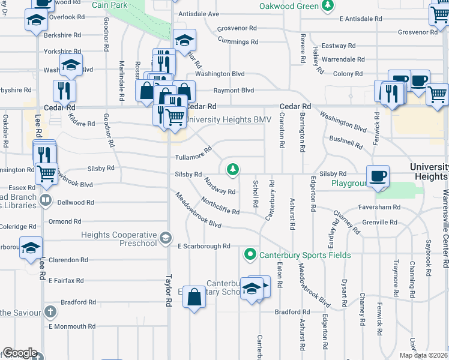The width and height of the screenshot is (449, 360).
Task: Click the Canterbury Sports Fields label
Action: (305, 255)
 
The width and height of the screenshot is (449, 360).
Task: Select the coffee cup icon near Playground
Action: (378, 176)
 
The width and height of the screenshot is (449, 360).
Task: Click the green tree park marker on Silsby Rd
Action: (233, 170)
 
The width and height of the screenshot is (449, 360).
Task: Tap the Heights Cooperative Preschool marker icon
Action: (164, 239)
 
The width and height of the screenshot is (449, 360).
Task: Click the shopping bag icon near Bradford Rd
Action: (194, 297)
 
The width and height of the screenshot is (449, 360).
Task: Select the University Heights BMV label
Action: (228, 120)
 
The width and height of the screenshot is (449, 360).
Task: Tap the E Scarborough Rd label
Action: (204, 246)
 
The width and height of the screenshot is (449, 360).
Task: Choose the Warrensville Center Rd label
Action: (445, 228)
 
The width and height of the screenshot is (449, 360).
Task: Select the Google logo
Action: (19, 353)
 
